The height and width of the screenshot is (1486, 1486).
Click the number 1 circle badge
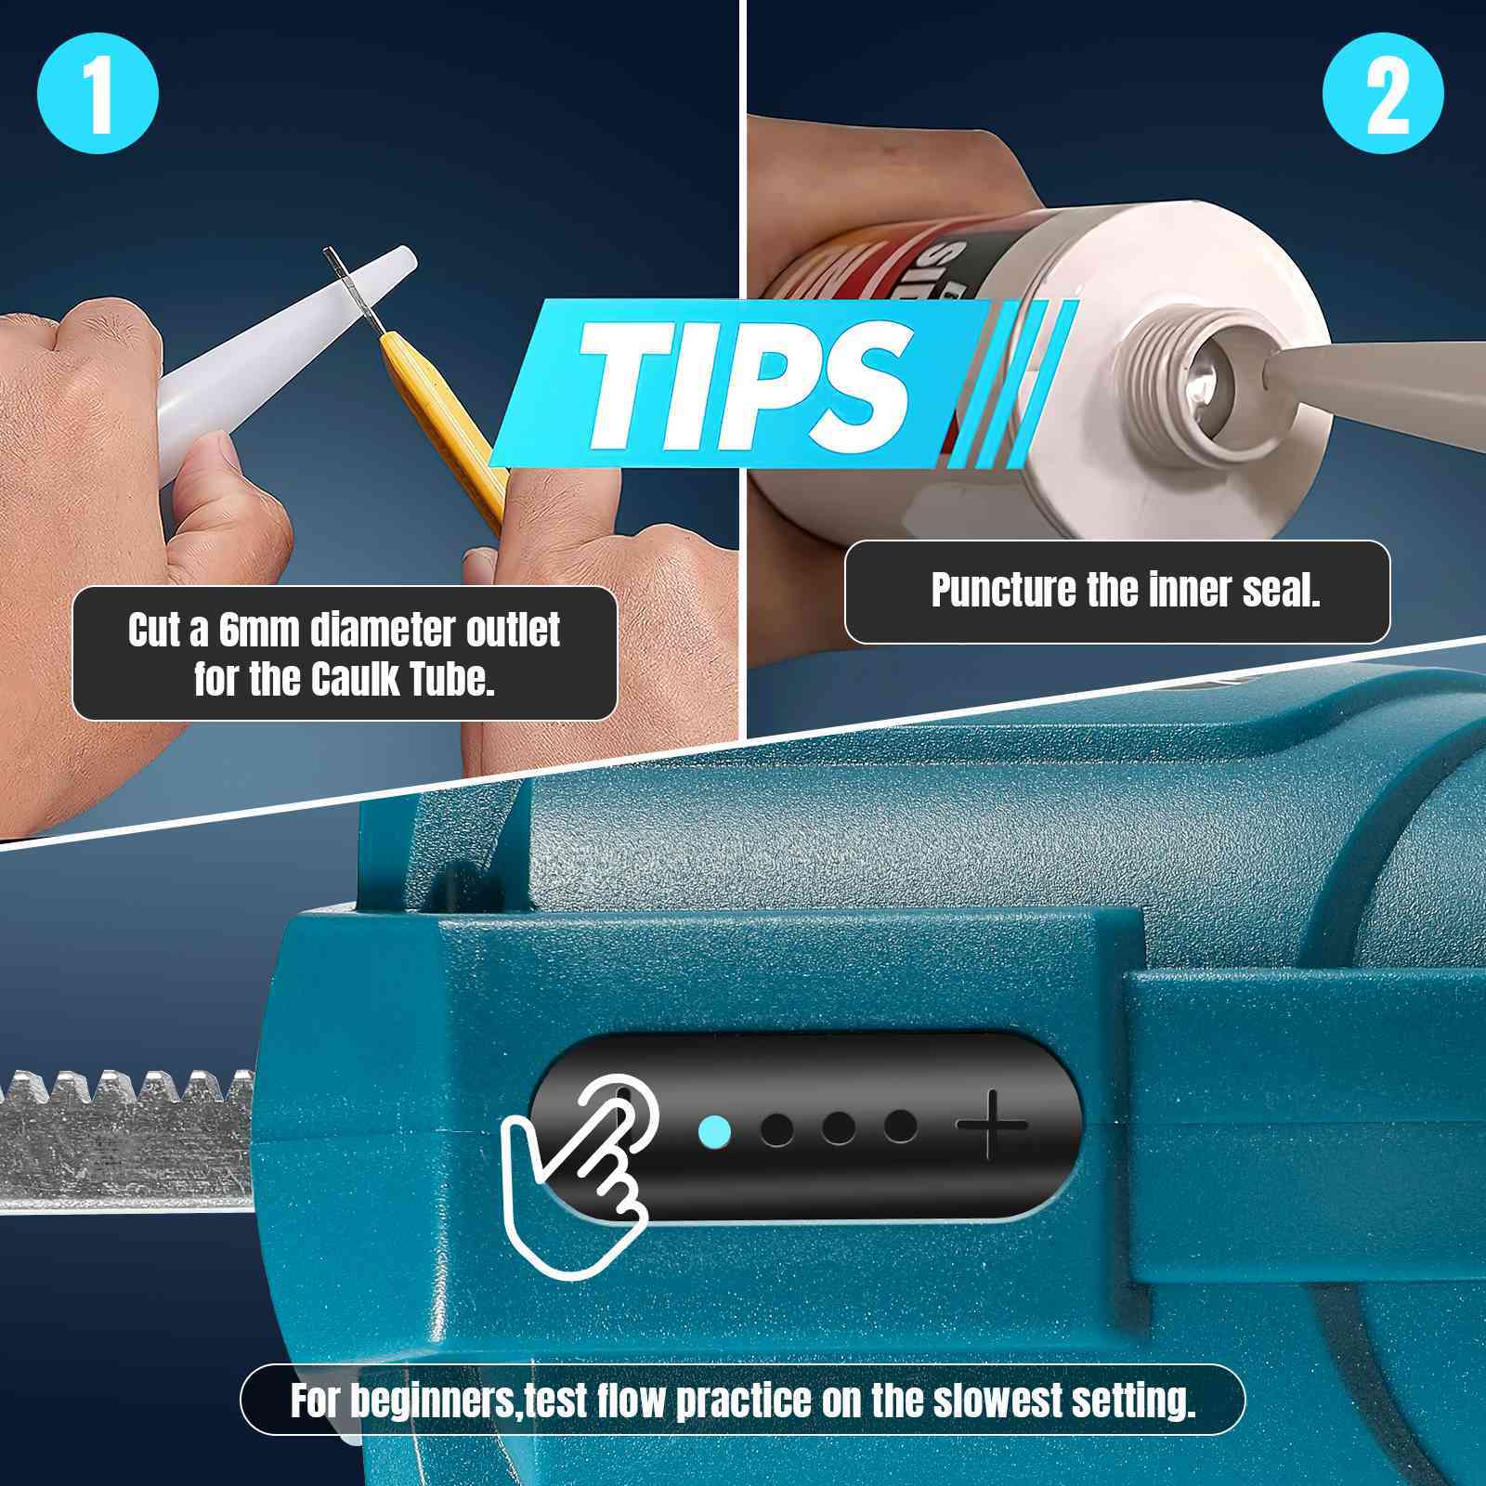tap(98, 95)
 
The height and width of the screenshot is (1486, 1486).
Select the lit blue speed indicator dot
tap(713, 1131)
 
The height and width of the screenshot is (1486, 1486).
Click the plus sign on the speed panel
tap(992, 1126)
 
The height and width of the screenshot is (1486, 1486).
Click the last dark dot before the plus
tap(900, 1127)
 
